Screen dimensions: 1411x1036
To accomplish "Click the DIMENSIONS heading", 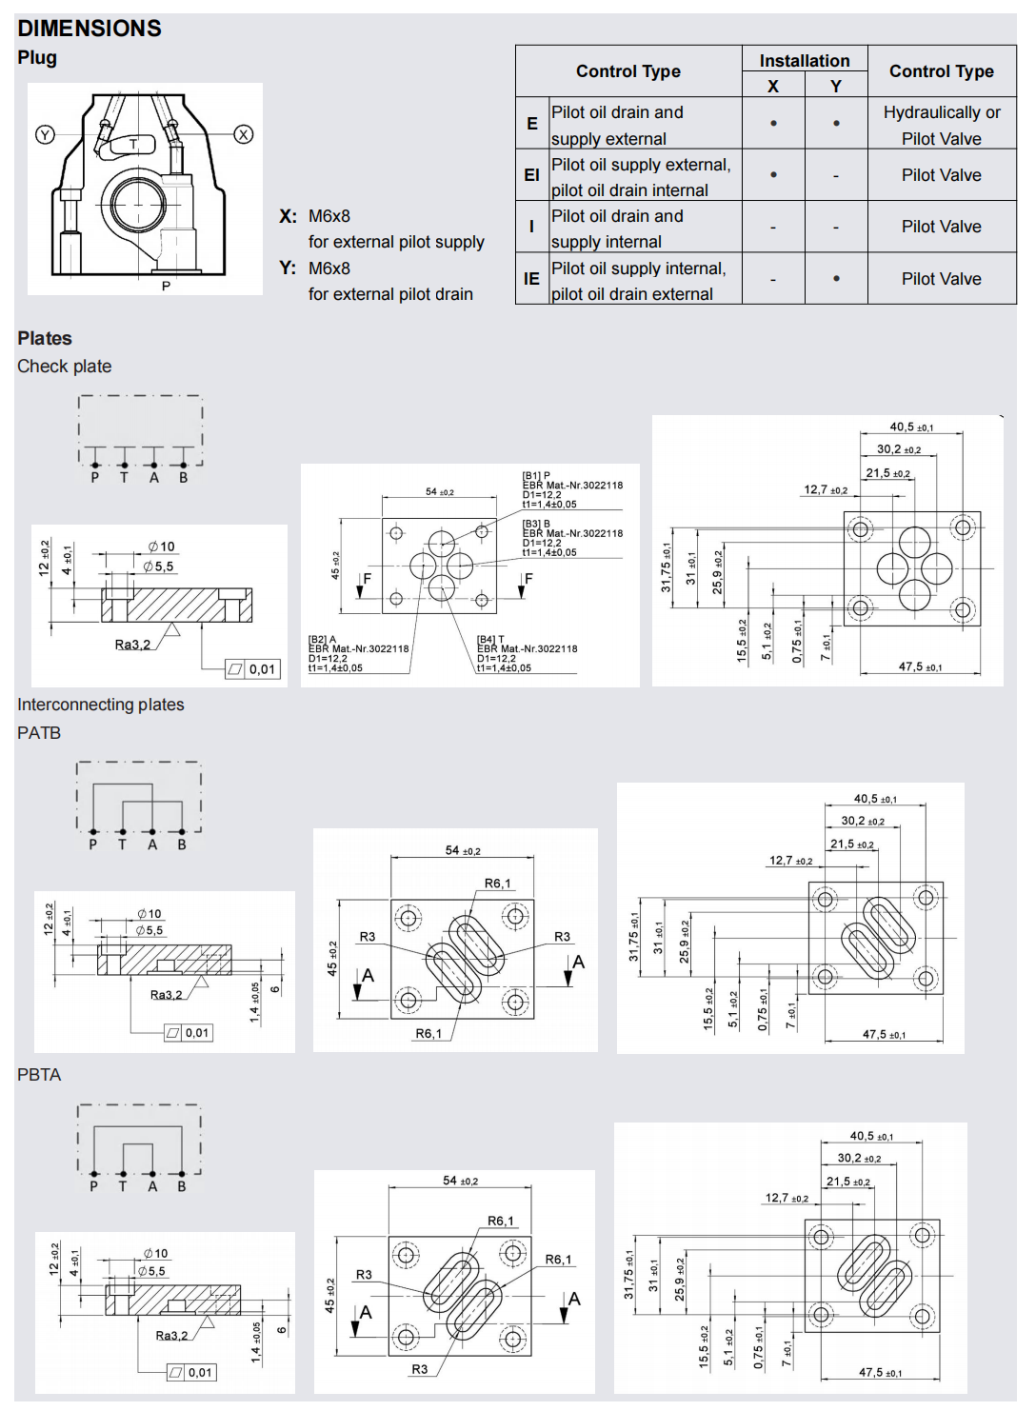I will pyautogui.click(x=90, y=29).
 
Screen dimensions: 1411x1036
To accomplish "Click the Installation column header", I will pyautogui.click(x=805, y=61).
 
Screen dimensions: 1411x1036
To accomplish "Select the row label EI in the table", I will pyautogui.click(x=531, y=175).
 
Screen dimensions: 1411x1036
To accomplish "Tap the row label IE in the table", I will pyautogui.click(x=531, y=279).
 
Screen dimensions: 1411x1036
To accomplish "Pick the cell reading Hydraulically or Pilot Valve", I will pyautogui.click(x=941, y=125).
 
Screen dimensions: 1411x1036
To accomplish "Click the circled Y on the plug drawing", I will pyautogui.click(x=45, y=134).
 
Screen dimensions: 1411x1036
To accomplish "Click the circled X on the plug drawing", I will pyautogui.click(x=244, y=134).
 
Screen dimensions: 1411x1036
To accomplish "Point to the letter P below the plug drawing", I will pyautogui.click(x=166, y=286).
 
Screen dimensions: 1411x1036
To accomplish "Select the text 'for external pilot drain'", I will pyautogui.click(x=390, y=294).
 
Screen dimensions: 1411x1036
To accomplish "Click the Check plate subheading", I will pyautogui.click(x=65, y=367).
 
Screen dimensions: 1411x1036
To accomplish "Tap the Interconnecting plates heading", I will pyautogui.click(x=101, y=705).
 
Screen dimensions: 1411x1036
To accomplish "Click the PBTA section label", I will pyautogui.click(x=39, y=1075).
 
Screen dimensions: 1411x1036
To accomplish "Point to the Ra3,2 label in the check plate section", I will pyautogui.click(x=132, y=645).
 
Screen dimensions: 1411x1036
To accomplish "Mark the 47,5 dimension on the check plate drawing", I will pyautogui.click(x=920, y=666).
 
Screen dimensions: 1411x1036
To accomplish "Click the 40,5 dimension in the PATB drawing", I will pyautogui.click(x=874, y=799).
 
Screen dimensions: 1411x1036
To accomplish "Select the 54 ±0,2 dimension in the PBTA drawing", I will pyautogui.click(x=460, y=1181).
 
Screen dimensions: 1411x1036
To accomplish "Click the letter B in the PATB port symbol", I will pyautogui.click(x=182, y=845).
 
